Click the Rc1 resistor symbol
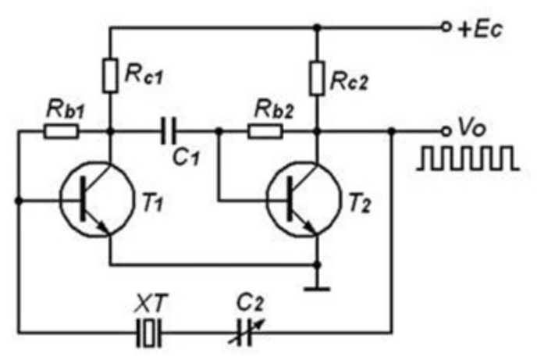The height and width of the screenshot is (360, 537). tap(110, 75)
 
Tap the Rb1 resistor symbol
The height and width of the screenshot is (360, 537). tap(60, 130)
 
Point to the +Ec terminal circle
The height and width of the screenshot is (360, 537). tap(446, 27)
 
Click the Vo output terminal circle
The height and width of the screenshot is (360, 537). tap(446, 130)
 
